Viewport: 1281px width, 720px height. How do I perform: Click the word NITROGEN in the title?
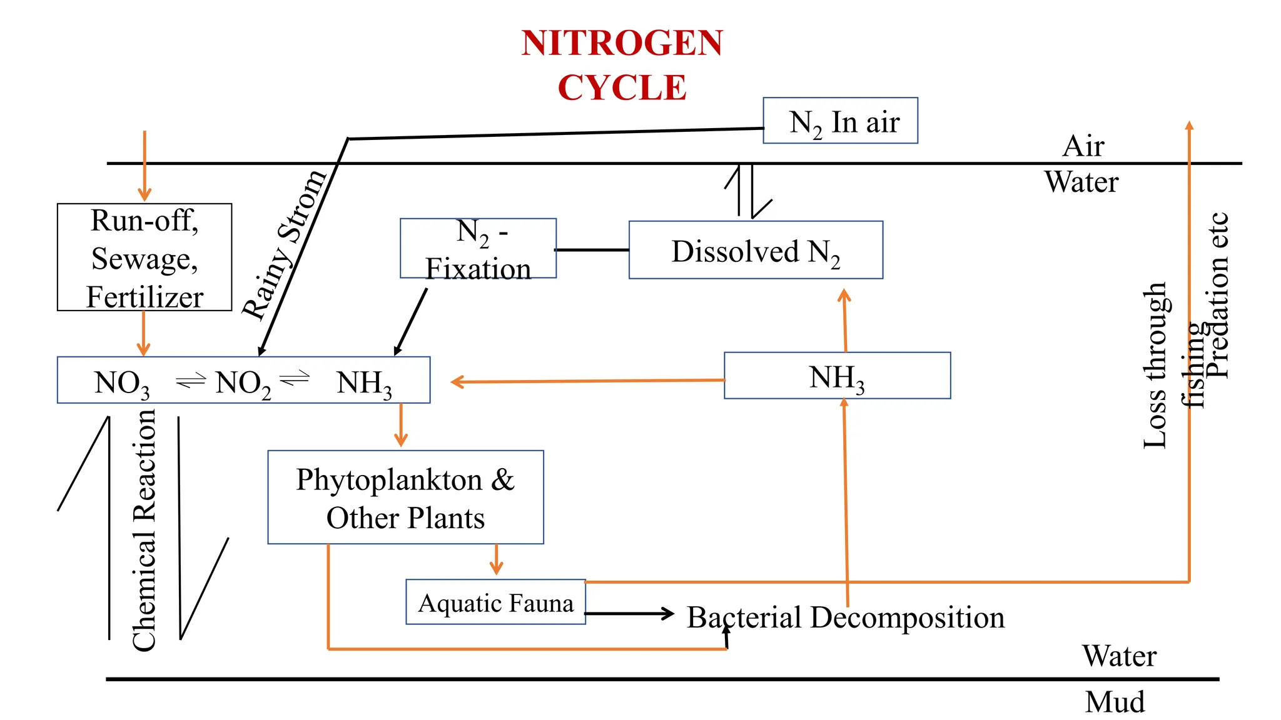click(622, 44)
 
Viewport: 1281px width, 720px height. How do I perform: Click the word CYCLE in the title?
click(622, 87)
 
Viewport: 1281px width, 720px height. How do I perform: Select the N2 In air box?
click(840, 121)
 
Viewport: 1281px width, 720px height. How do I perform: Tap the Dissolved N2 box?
click(756, 251)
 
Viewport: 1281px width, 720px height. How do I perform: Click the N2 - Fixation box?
click(478, 249)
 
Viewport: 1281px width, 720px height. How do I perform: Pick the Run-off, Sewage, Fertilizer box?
click(144, 257)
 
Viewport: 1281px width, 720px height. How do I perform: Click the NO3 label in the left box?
click(122, 382)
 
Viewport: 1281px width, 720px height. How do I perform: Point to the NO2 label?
click(243, 382)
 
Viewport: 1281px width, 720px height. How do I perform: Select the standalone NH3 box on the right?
click(837, 376)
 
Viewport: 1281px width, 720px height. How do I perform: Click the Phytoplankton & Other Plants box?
click(405, 497)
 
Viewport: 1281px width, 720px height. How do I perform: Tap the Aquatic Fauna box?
click(495, 602)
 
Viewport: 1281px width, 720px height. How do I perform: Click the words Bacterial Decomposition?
click(846, 617)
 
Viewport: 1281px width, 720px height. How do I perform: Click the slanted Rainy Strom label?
click(285, 245)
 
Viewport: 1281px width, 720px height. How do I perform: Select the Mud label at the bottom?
click(1115, 701)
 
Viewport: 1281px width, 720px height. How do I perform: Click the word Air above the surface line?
click(1083, 146)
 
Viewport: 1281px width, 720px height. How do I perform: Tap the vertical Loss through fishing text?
click(1156, 365)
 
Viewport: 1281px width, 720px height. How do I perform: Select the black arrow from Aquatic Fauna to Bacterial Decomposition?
click(629, 613)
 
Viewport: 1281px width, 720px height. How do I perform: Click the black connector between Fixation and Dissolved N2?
click(592, 250)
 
